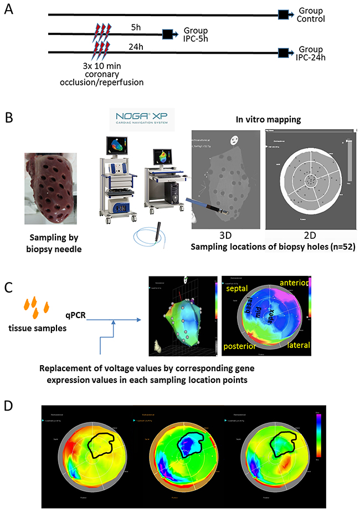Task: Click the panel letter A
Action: (9, 11)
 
